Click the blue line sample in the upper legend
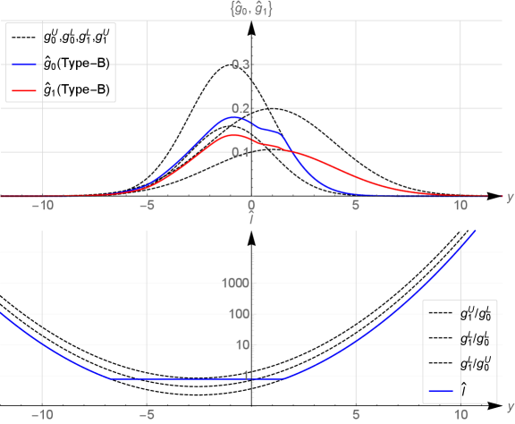pos(24,65)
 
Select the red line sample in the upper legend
pos(24,91)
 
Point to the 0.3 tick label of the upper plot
pos(240,65)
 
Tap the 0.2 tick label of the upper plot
pos(240,109)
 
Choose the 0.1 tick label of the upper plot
pos(240,152)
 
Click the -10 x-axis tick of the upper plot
pos(42,205)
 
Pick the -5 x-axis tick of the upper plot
pos(148,205)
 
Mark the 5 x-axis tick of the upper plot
pos(356,205)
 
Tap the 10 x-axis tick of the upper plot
pos(460,205)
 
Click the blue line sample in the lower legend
pos(441,391)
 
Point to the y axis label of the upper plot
pos(509,198)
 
